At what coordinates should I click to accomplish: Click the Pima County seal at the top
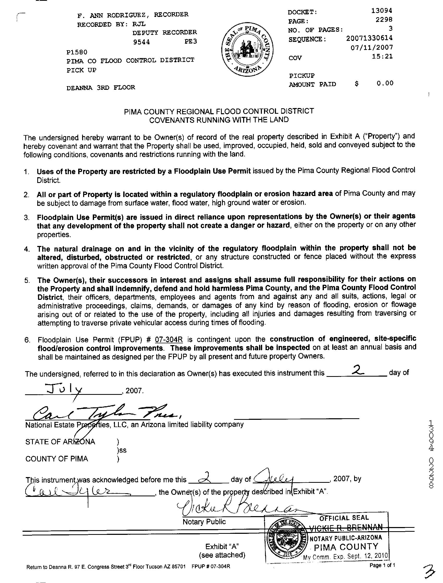click(247, 50)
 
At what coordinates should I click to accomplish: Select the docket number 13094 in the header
click(382, 11)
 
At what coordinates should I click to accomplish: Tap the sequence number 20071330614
click(369, 38)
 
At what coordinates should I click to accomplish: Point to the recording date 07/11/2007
click(372, 47)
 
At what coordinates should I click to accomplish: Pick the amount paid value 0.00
click(385, 84)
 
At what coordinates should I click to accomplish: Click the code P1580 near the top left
click(77, 52)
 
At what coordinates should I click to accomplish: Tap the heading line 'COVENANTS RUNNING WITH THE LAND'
click(219, 120)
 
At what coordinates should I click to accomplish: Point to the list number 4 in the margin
click(27, 249)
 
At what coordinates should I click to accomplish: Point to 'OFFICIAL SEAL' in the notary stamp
click(344, 518)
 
